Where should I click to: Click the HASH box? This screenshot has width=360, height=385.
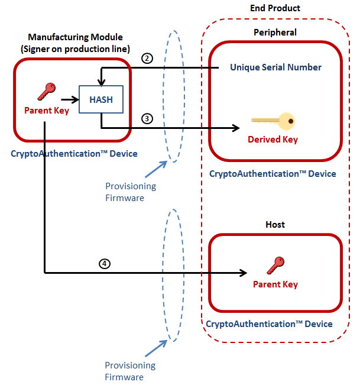101,99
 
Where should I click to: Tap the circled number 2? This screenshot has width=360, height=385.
147,59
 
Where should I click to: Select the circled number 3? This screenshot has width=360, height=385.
147,118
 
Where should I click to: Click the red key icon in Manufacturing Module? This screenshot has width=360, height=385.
46,91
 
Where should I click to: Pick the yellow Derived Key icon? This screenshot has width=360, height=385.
273,121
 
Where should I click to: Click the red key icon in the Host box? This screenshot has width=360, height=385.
275,265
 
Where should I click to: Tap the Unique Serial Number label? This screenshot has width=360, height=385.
275,67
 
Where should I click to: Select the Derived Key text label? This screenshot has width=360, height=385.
273,140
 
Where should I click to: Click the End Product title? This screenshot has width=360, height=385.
275,8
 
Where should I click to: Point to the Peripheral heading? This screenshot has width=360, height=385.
275,33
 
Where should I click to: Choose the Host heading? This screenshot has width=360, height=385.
275,225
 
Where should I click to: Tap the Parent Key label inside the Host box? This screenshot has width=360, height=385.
275,284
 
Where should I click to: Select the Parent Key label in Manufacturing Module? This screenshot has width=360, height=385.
46,110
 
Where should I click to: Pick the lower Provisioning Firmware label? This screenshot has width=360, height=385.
130,371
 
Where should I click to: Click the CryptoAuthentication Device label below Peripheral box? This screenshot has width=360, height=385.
273,174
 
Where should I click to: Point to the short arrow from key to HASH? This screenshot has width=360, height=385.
70,100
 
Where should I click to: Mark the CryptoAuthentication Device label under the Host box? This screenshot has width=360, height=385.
269,324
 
